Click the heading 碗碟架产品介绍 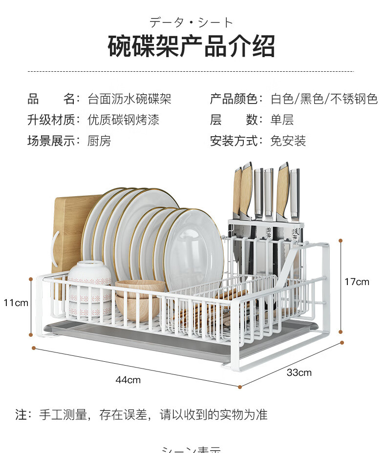click(192, 46)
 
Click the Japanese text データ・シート click(192, 22)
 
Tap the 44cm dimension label click(128, 380)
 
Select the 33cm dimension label click(299, 372)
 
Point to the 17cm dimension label click(357, 282)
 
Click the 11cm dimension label click(16, 303)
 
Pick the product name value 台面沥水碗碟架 click(129, 99)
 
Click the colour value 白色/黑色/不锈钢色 click(324, 99)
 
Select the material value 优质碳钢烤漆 click(124, 120)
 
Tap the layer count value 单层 click(282, 120)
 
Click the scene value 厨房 click(99, 141)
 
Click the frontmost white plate click(194, 249)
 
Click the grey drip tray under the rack click(147, 337)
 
